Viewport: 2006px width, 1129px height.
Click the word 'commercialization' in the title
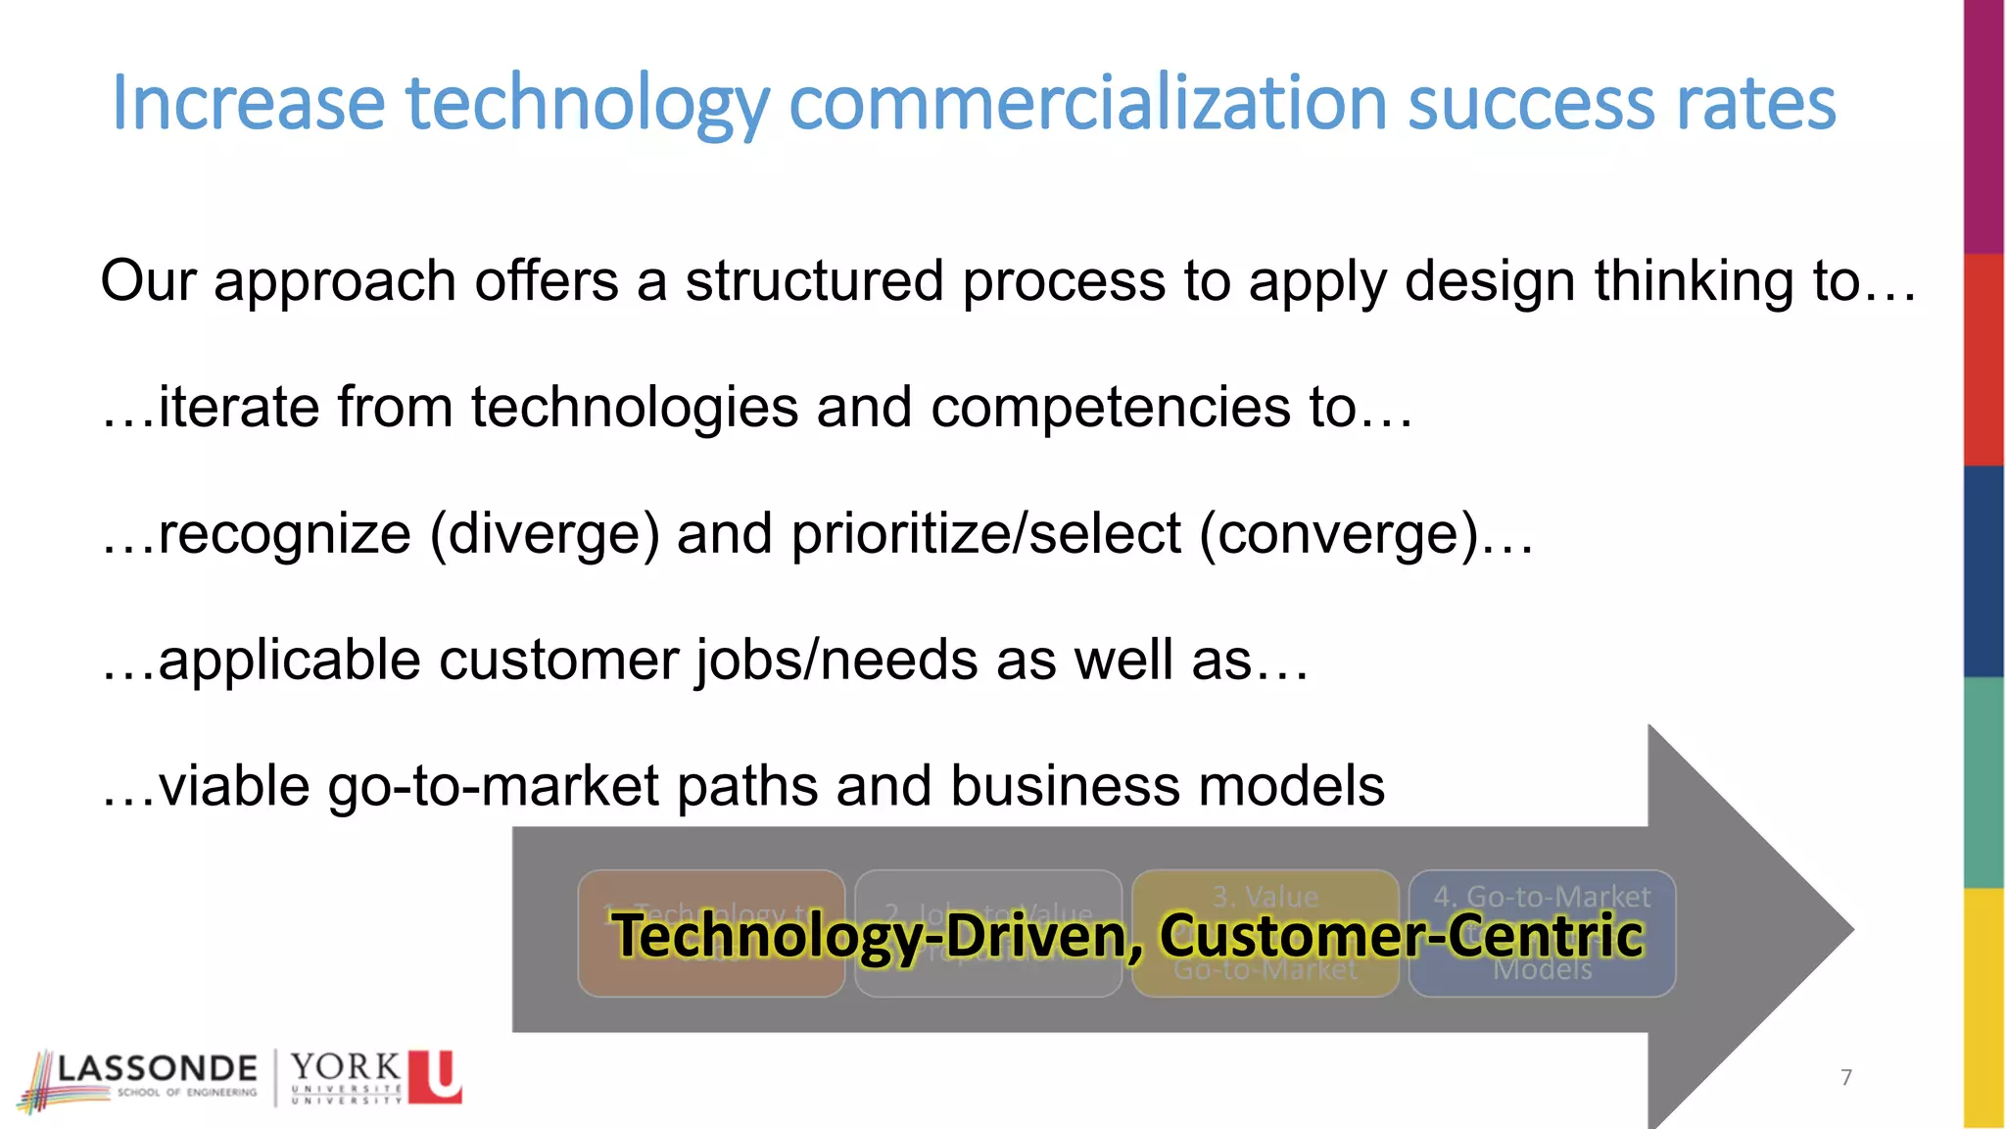[1088, 103]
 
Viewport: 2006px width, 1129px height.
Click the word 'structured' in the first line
[814, 281]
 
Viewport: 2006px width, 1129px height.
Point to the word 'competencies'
[1110, 408]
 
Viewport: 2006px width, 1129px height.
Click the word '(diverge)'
[545, 534]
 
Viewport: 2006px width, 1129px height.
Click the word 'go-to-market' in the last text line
[494, 787]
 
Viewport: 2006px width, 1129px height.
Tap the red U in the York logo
[435, 1076]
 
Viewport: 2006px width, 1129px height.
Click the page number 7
[1846, 1077]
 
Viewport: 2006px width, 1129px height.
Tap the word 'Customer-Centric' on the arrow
[1401, 935]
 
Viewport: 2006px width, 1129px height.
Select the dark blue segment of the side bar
[1983, 570]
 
